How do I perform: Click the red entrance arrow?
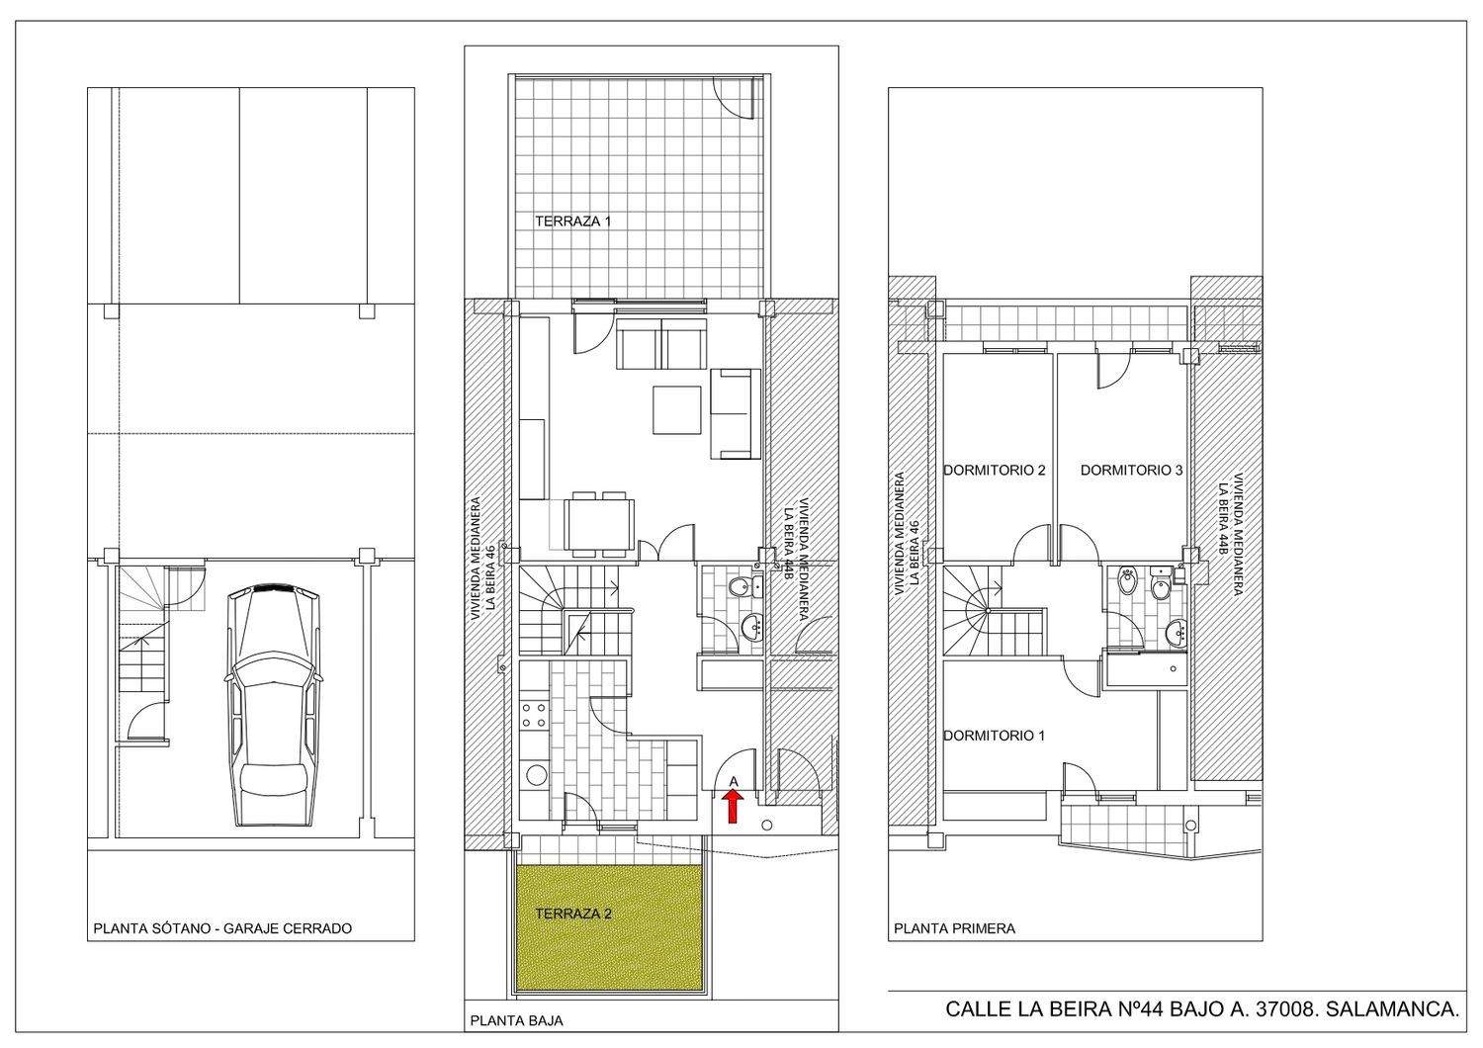coord(733,807)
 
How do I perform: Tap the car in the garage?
coord(274,706)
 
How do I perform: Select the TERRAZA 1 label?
coord(572,221)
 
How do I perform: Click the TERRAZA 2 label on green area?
coord(573,914)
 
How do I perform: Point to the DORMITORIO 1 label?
coord(994,736)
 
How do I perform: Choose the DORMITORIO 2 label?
coord(994,470)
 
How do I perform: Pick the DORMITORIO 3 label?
coord(1131,470)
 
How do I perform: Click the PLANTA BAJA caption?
coord(516,1021)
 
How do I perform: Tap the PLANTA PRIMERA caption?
coord(954,928)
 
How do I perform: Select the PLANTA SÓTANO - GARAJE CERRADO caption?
coord(222,928)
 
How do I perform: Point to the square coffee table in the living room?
coord(676,410)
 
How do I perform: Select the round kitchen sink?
coord(536,774)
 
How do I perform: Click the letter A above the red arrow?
coord(733,782)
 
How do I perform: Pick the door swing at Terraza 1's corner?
coord(734,97)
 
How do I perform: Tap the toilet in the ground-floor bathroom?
coord(741,586)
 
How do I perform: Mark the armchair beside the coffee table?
coord(735,414)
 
